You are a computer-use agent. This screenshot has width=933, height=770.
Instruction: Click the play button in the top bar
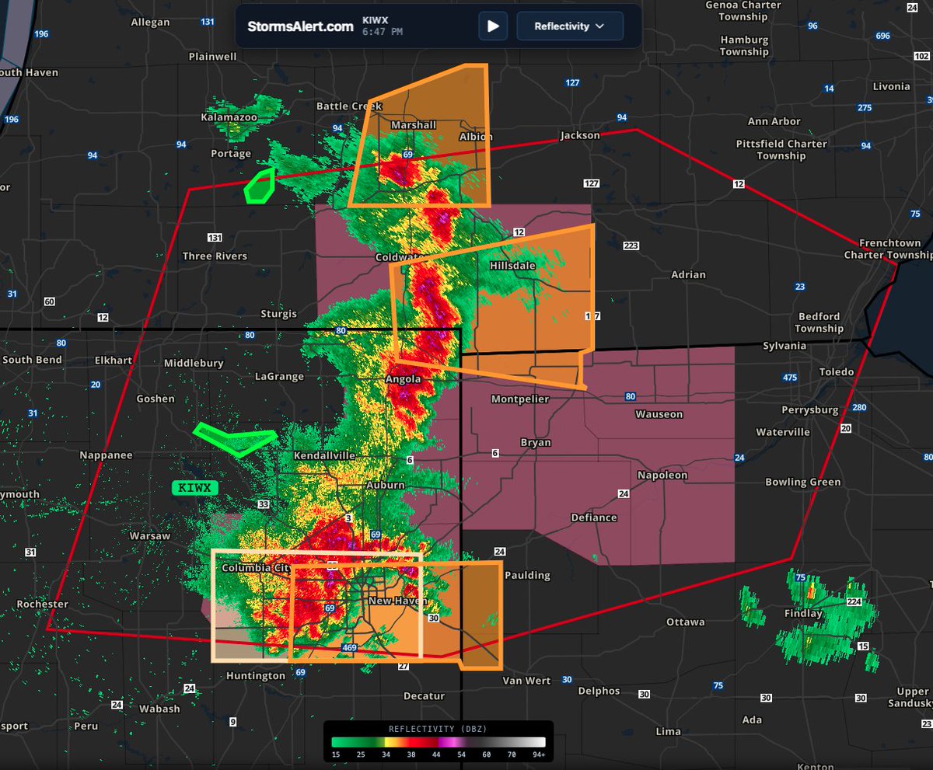point(493,26)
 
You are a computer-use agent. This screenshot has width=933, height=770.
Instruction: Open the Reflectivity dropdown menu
point(570,26)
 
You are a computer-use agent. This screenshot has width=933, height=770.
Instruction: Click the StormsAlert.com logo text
point(300,26)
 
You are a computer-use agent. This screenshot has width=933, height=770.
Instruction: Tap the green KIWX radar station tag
point(194,488)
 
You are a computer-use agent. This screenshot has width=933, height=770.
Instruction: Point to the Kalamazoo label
point(229,117)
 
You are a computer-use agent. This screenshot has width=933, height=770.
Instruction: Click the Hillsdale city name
point(512,265)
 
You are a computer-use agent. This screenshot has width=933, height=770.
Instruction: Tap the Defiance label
point(594,517)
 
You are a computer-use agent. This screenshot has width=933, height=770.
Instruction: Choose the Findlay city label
point(803,613)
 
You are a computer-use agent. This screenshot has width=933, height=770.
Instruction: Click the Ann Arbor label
point(774,121)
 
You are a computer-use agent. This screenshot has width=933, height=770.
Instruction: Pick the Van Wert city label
point(526,681)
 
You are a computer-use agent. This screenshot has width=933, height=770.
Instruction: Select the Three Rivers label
point(215,256)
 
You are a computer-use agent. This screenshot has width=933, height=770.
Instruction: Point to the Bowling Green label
point(802,482)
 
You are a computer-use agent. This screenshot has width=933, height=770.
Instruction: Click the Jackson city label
point(580,135)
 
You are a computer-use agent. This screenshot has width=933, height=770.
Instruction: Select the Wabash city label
point(159,709)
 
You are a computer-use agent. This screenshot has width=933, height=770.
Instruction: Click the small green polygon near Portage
point(260,186)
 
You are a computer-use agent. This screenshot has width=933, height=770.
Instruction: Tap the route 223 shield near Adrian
point(631,246)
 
